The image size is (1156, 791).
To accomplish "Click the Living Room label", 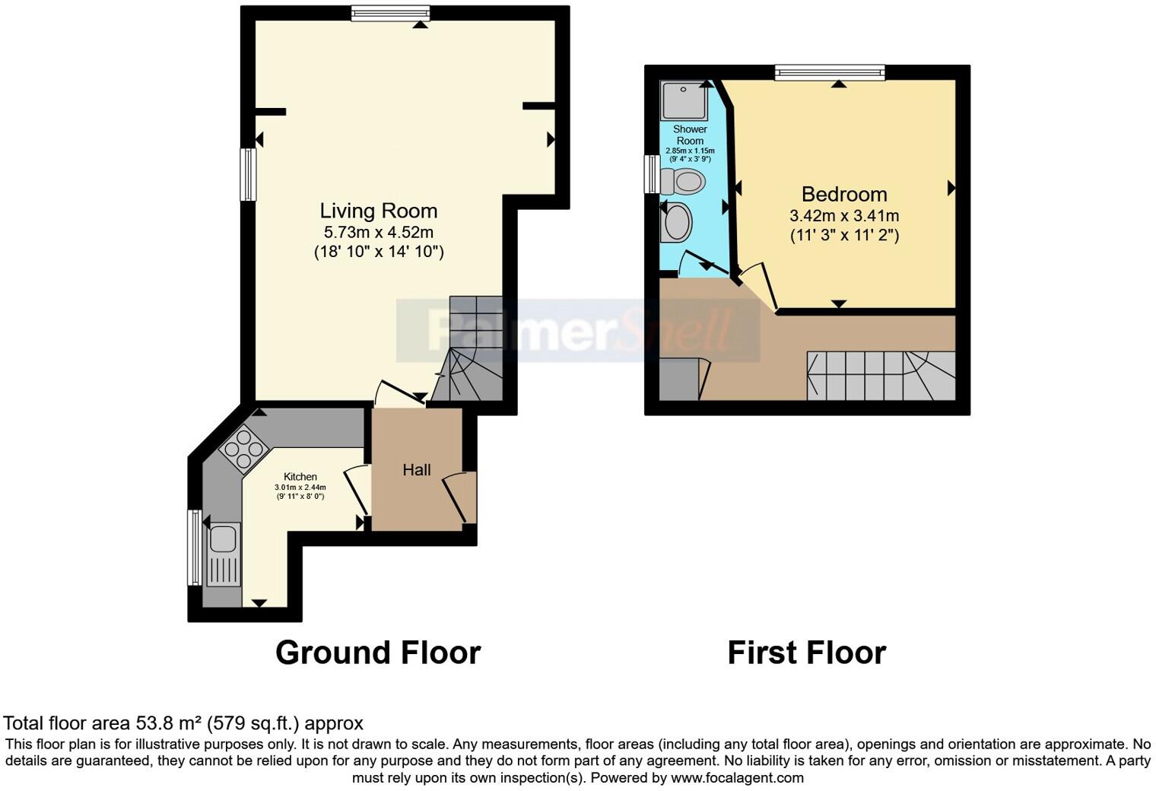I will (x=378, y=211).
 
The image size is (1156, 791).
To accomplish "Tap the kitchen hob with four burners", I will (x=241, y=449).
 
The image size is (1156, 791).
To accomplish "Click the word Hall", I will (x=417, y=470).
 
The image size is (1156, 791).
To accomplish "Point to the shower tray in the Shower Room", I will (x=684, y=101).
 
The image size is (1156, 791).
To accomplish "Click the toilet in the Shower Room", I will (x=683, y=182).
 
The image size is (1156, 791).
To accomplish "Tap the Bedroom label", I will (x=844, y=194).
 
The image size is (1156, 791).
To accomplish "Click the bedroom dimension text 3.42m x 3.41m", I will (x=844, y=216).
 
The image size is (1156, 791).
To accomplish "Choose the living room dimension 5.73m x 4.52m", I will (x=378, y=232).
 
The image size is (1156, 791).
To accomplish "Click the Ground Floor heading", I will (x=378, y=653).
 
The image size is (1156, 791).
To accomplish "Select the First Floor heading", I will (x=806, y=653).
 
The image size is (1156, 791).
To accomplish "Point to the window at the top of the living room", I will (x=391, y=13).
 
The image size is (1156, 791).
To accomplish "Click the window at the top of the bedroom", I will (x=830, y=72).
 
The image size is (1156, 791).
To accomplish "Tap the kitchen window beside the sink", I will (x=195, y=548).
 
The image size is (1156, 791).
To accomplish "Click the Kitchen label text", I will (x=300, y=477).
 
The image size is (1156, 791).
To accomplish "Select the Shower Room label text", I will (x=690, y=135).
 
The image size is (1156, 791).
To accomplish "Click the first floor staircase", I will (x=881, y=376).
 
